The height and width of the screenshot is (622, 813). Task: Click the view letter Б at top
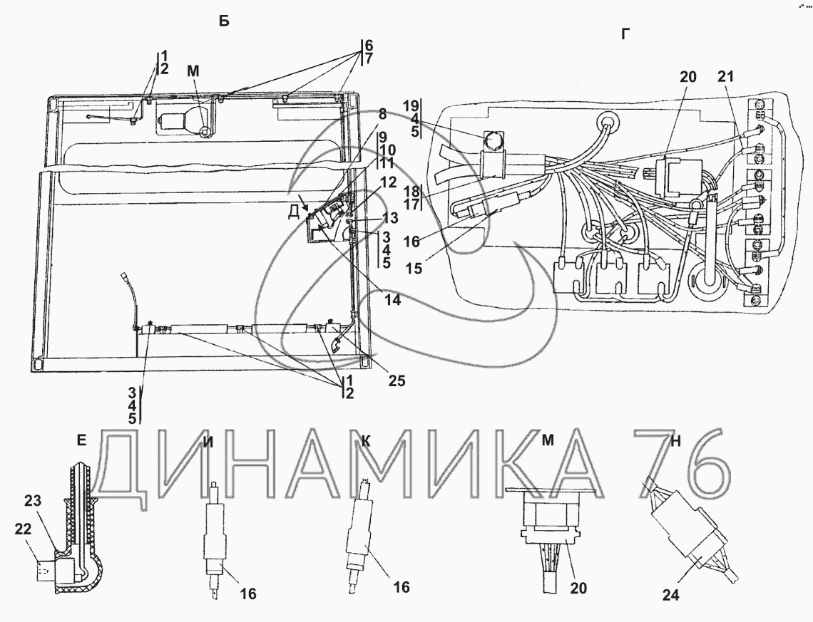point(223,21)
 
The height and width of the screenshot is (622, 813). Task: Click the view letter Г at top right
point(626,34)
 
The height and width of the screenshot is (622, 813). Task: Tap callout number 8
point(382,113)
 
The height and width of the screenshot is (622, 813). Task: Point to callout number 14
point(392,299)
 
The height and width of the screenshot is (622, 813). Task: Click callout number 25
point(396,380)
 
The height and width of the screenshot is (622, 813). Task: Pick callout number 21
point(726,77)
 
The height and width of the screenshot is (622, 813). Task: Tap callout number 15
point(414,269)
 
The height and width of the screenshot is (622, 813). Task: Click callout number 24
point(670,596)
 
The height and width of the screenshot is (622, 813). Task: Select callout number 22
point(23,529)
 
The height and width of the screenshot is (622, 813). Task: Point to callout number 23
point(33,501)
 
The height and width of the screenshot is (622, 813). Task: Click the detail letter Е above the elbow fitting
point(81,441)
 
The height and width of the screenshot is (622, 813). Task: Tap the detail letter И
point(208,441)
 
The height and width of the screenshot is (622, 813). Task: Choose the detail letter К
point(366,441)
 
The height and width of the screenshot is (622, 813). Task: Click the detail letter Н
point(675,441)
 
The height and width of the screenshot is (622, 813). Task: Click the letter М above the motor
point(193,71)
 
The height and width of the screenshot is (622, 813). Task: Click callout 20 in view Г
point(688,77)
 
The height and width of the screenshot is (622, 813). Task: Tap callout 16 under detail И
point(248,594)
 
